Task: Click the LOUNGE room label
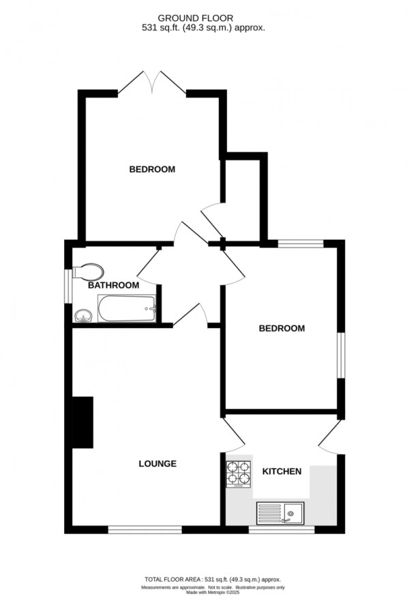[157, 464]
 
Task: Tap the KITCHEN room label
[282, 471]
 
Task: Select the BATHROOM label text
[113, 285]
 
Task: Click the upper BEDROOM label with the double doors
[152, 169]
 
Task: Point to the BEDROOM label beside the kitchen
[282, 328]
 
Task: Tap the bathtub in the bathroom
[127, 310]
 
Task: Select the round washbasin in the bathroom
[83, 315]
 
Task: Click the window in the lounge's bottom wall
[145, 528]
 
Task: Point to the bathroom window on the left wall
[67, 285]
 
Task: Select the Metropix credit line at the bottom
[213, 592]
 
